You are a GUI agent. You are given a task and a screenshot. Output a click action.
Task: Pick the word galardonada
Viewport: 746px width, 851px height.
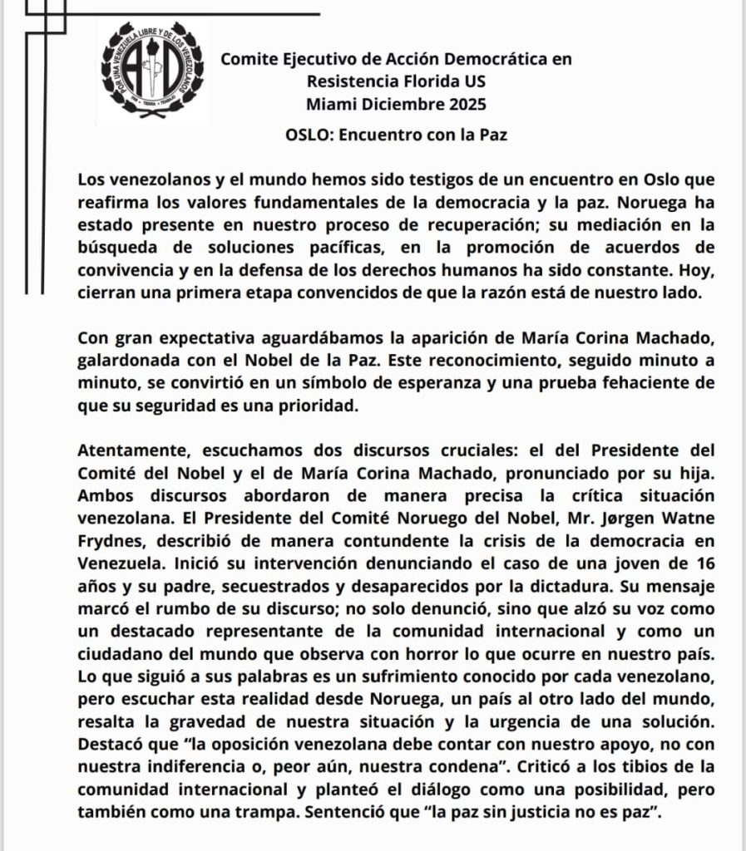pos(127,361)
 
